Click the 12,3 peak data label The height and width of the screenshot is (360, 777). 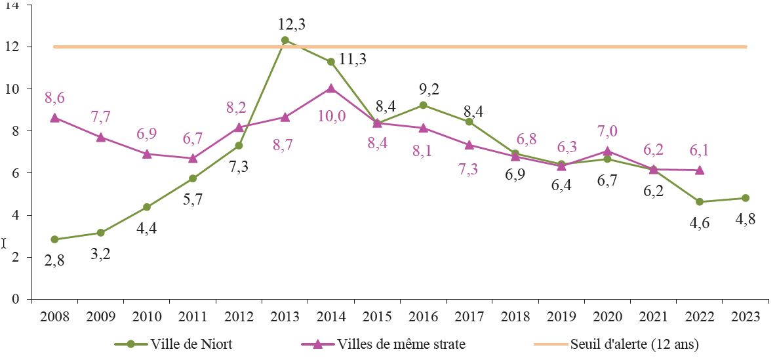[291, 25]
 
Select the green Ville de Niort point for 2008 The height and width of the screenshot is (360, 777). [54, 239]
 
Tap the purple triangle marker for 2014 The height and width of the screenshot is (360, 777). [330, 88]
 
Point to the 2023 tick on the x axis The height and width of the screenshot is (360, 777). [744, 316]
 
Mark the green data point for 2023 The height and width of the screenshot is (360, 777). [746, 198]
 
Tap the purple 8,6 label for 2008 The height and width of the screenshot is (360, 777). [54, 98]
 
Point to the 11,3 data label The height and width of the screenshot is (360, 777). [353, 59]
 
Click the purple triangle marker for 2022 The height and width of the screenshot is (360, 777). [700, 170]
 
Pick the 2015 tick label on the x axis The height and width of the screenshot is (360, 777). [377, 316]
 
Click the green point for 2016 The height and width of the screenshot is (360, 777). [423, 105]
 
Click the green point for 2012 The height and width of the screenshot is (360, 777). [239, 146]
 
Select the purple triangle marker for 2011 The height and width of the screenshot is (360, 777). [193, 158]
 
